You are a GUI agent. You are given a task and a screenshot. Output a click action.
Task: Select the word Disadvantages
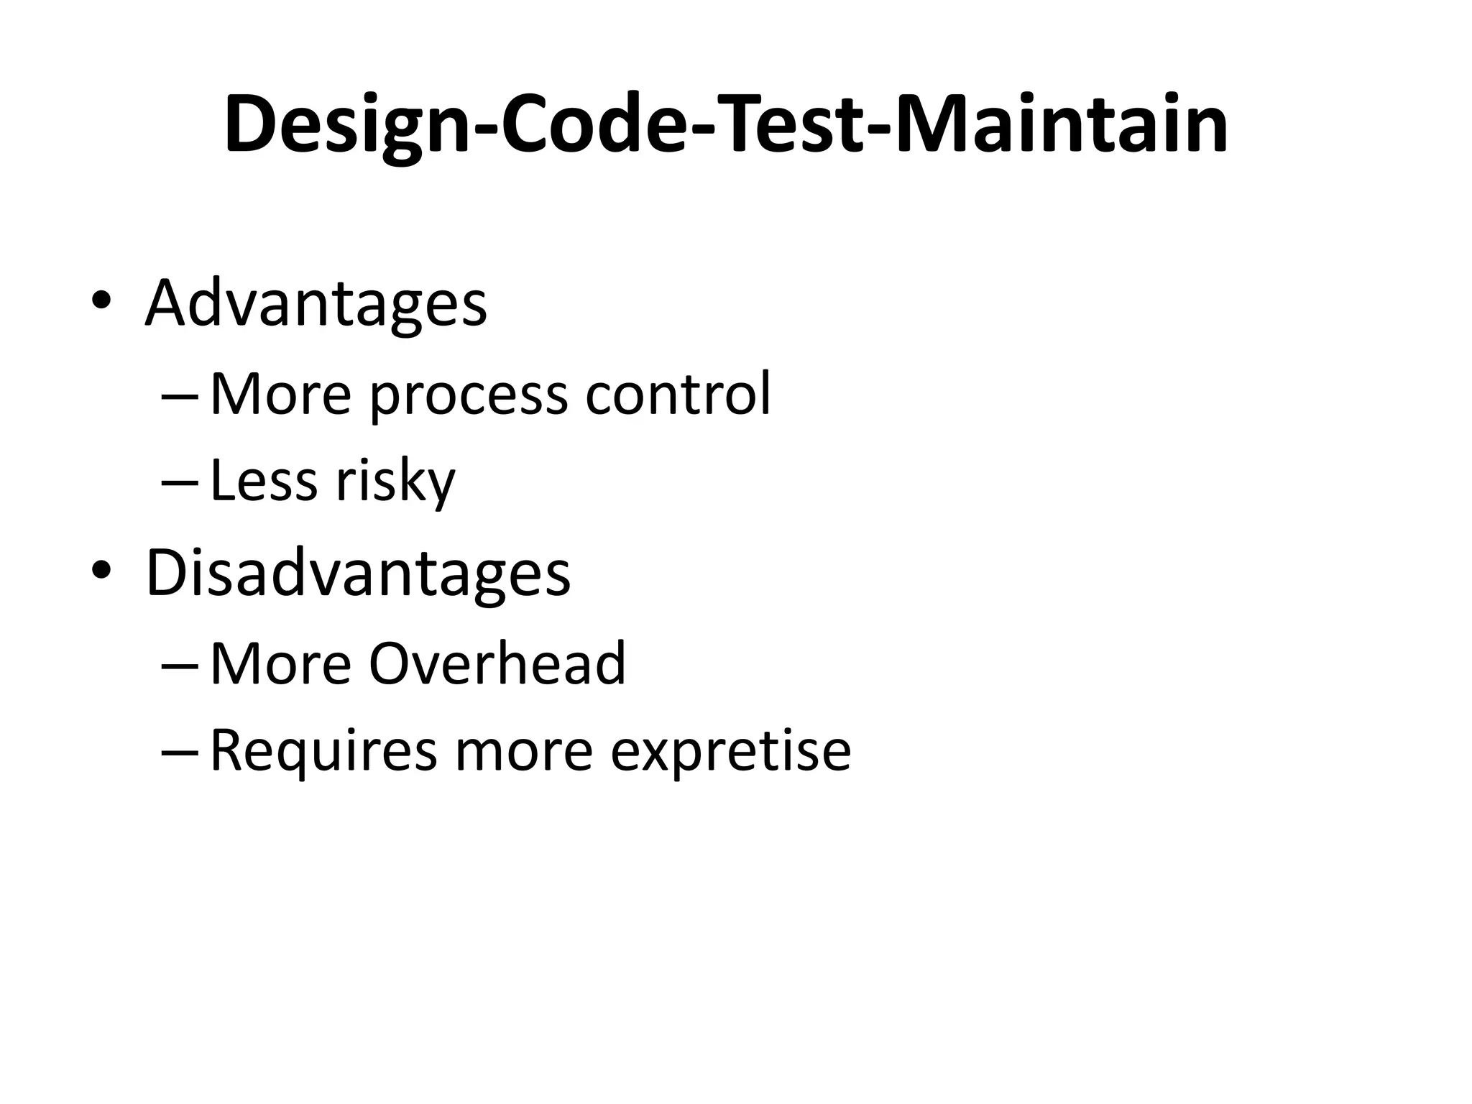[358, 573]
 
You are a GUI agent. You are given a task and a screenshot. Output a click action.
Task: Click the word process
[468, 395]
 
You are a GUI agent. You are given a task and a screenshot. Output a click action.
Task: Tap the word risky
[395, 482]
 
